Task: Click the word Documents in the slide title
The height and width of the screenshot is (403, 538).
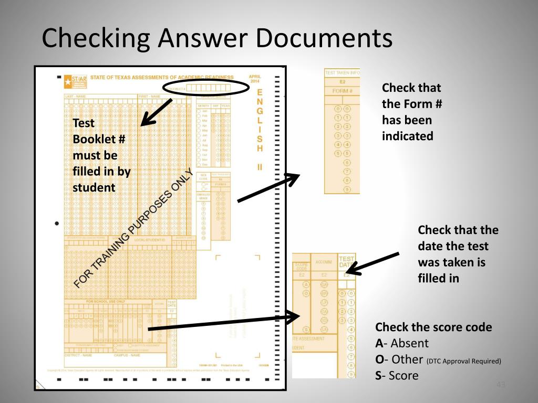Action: (x=324, y=39)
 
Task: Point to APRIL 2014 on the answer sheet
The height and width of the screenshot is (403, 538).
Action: (x=255, y=79)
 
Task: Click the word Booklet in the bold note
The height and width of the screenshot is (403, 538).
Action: (x=95, y=139)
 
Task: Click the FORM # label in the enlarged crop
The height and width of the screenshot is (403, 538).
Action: (x=343, y=91)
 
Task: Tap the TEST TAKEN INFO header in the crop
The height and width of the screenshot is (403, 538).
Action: (x=343, y=73)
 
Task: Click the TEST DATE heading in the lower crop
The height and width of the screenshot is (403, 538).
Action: (x=347, y=262)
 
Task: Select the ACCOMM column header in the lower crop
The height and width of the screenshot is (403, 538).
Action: (x=324, y=262)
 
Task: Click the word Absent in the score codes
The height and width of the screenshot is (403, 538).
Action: (x=410, y=344)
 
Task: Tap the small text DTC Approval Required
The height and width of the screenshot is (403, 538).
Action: (x=464, y=361)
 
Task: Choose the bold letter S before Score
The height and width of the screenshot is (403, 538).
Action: (x=378, y=376)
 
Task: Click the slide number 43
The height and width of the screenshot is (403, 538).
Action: (x=500, y=386)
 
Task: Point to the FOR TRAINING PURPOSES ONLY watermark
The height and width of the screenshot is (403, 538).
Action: (x=134, y=229)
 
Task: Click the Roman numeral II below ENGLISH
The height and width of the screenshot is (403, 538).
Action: (x=260, y=167)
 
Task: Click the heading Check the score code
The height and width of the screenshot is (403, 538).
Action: (x=433, y=327)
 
